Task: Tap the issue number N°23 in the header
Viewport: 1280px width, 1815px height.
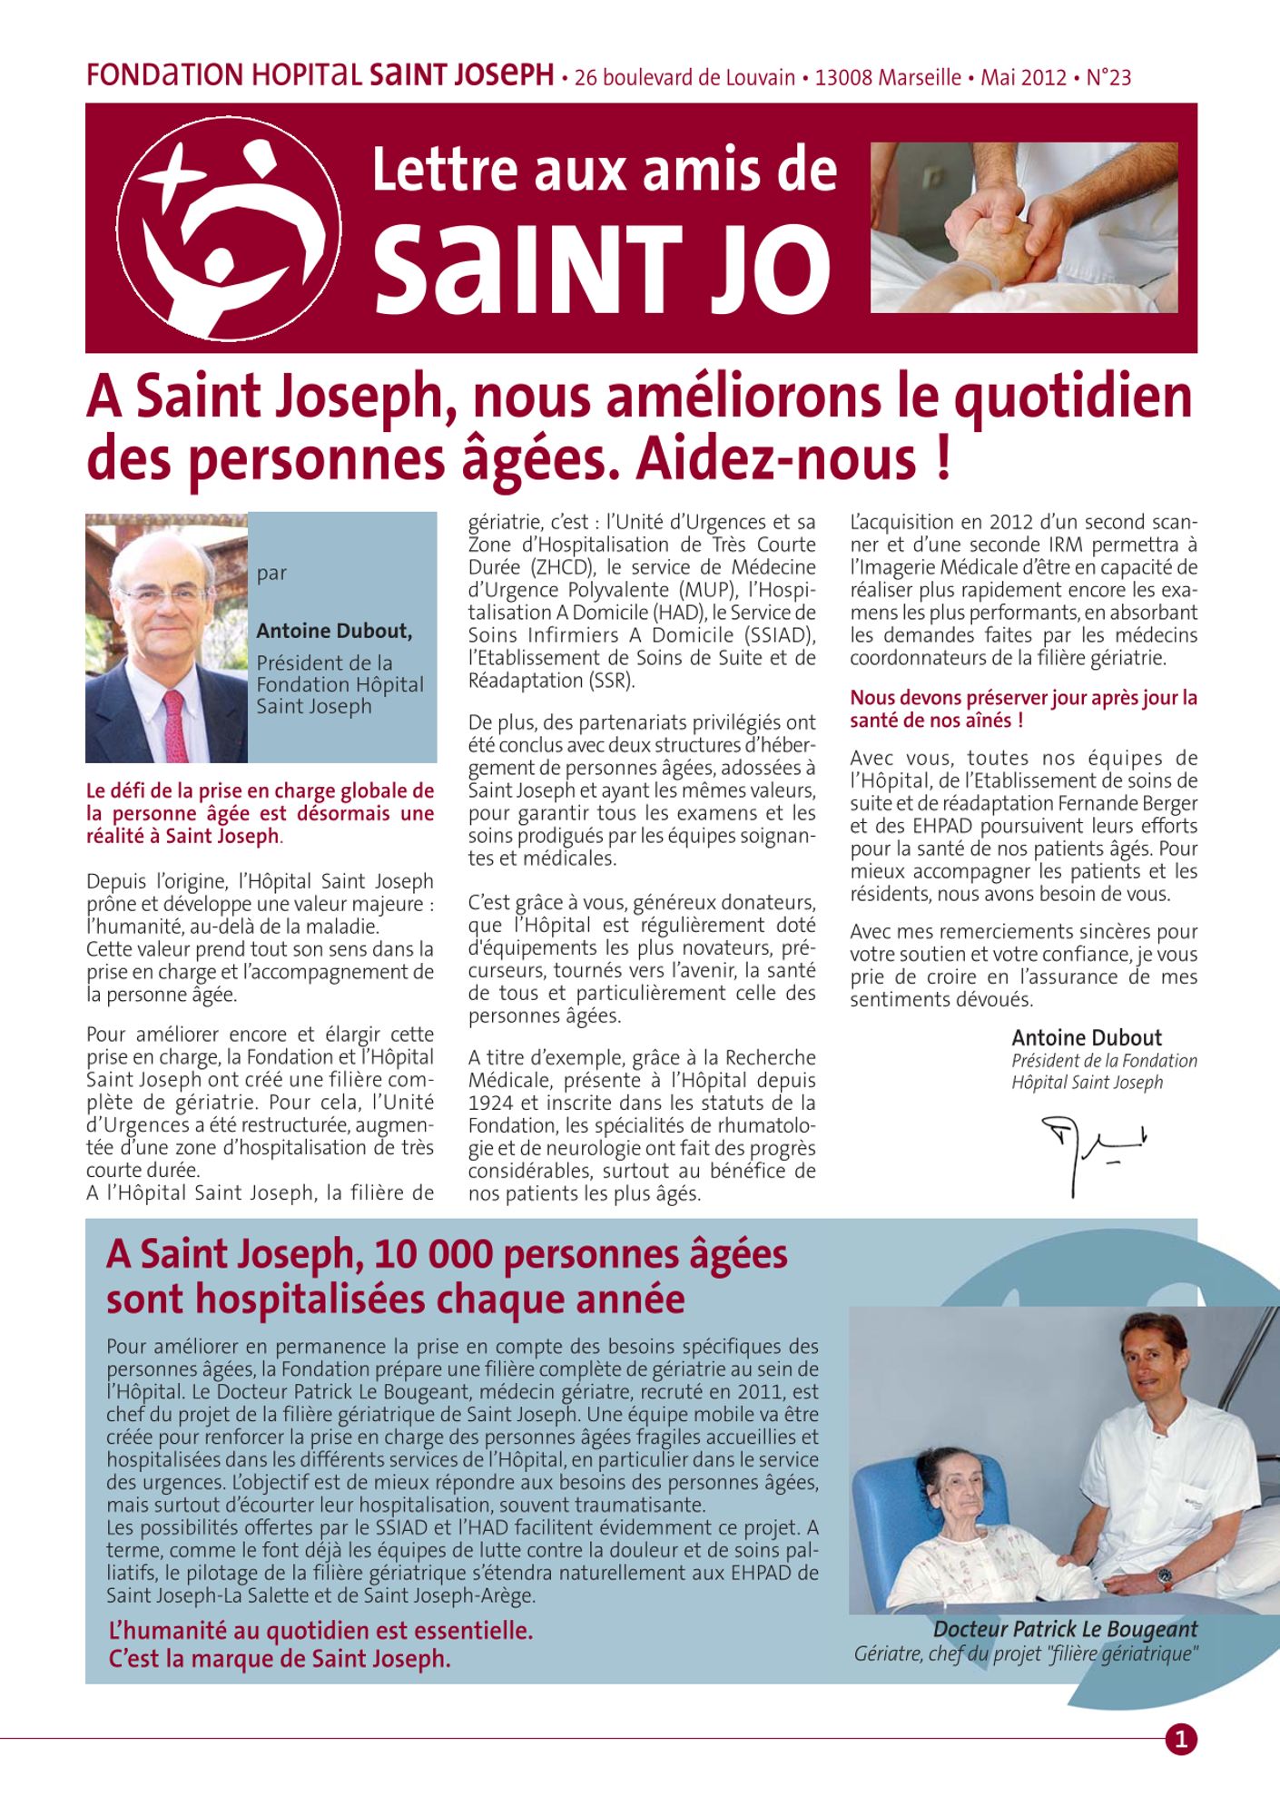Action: point(1108,78)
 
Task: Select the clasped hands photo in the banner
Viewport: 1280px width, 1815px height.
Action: point(1023,228)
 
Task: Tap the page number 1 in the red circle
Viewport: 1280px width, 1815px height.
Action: point(1180,1739)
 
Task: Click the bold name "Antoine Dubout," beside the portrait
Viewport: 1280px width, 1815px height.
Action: point(334,631)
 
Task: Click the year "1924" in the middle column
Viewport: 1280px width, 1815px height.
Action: point(493,1103)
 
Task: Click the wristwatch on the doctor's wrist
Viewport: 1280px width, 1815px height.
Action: point(1166,1580)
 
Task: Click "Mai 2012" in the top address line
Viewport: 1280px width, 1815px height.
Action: point(1022,78)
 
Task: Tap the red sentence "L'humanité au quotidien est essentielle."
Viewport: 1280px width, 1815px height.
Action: point(320,1630)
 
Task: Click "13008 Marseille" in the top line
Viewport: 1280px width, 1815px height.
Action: point(887,78)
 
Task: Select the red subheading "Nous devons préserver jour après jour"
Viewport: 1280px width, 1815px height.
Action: point(1023,698)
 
